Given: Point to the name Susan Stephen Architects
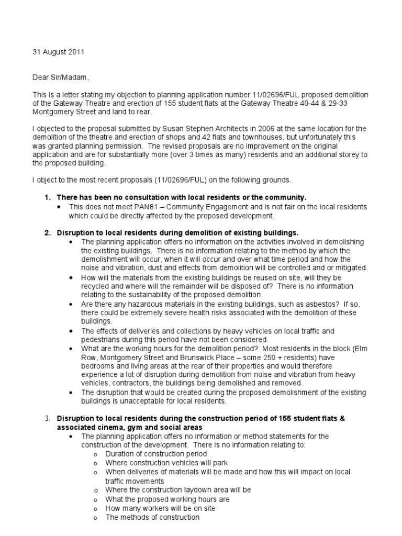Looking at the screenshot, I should point(184,129).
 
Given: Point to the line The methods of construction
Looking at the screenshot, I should point(152,517).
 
